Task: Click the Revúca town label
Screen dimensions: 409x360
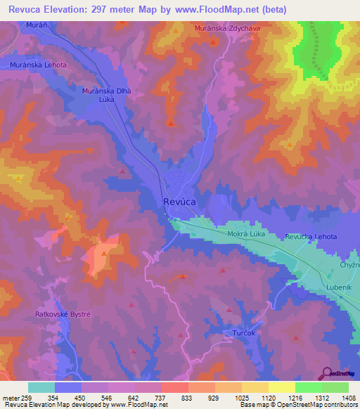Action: [179, 201]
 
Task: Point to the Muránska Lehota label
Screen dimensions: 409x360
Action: [39, 65]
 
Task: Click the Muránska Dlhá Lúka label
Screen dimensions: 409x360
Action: [108, 96]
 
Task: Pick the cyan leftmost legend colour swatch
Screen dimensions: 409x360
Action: [41, 387]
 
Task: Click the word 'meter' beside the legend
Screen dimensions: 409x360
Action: [11, 397]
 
